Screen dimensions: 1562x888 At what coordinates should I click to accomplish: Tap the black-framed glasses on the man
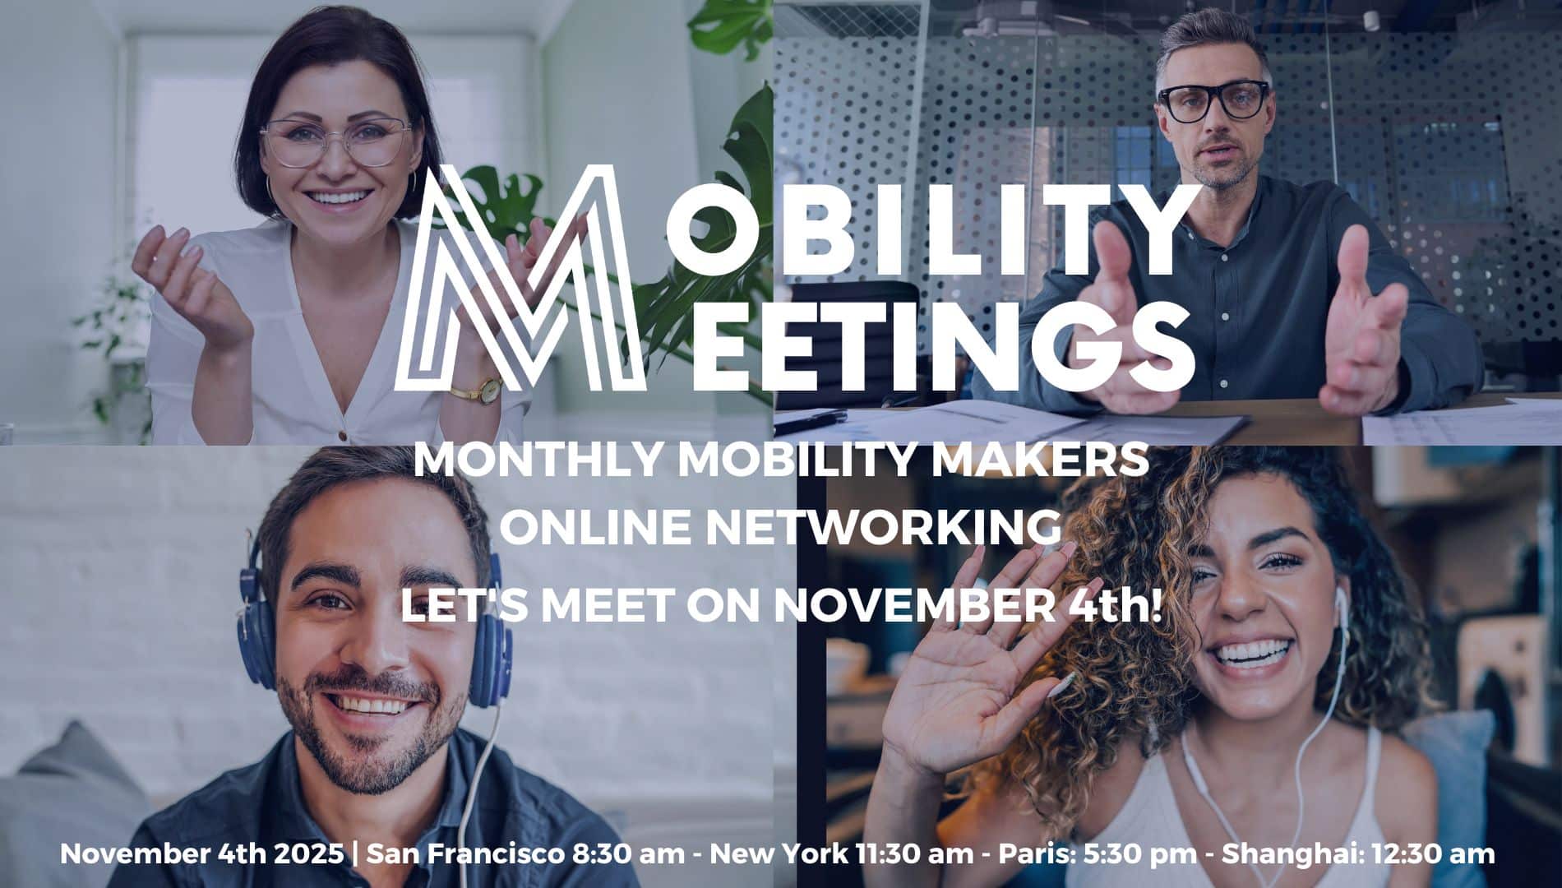coord(1213,101)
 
